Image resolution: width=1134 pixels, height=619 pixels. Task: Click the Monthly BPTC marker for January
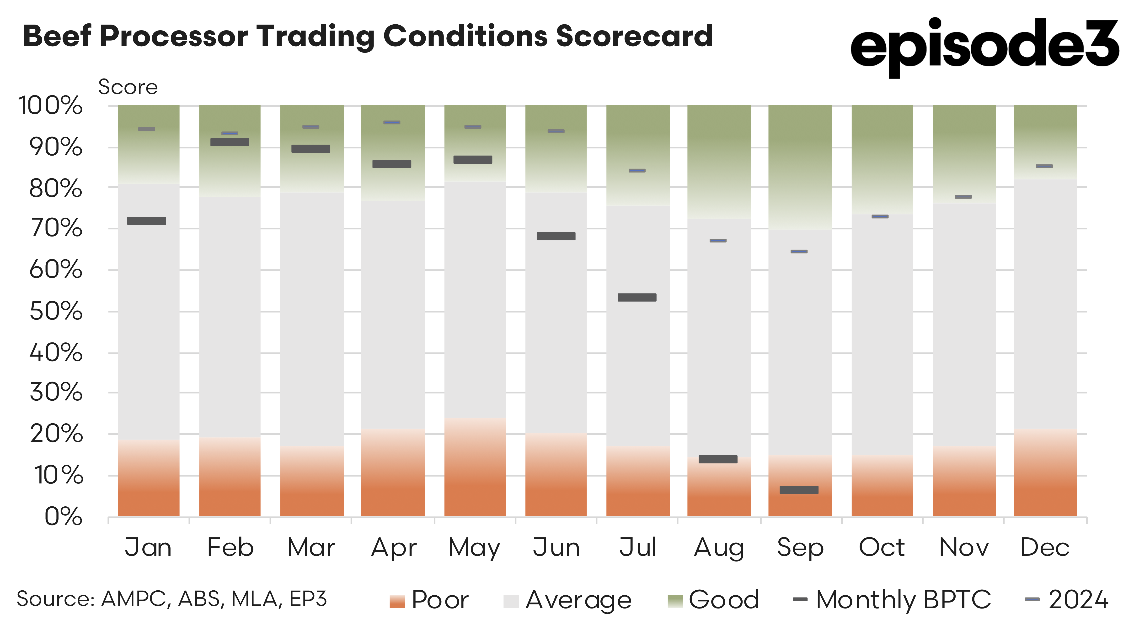[x=147, y=221]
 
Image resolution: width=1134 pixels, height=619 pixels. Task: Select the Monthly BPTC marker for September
[x=799, y=490]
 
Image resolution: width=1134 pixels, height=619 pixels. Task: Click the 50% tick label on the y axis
[x=56, y=311]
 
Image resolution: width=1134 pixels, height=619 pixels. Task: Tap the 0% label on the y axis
[x=63, y=516]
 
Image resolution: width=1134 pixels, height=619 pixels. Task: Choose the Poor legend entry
[x=429, y=600]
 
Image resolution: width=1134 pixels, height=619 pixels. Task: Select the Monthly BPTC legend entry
[x=891, y=600]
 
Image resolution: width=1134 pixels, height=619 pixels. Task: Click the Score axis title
[x=128, y=87]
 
